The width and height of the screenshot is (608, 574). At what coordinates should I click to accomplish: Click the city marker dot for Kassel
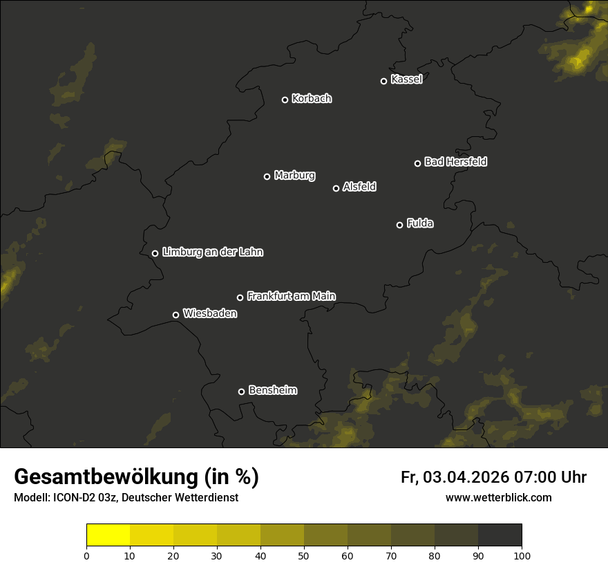pos(383,81)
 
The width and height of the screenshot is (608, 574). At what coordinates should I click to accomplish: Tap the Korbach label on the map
pos(312,99)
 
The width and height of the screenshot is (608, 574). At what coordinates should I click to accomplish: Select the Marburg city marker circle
pos(267,176)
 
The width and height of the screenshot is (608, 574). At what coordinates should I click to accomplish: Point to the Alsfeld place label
pos(359,187)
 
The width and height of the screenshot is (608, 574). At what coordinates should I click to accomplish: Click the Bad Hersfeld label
pos(455,162)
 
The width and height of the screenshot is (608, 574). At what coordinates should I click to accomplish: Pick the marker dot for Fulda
pos(399,225)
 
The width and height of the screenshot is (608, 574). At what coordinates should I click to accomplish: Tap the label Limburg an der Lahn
pos(212,252)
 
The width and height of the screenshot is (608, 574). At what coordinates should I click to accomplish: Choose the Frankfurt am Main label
pos(291,296)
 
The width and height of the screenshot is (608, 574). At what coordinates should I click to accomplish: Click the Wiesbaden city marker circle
pos(175,315)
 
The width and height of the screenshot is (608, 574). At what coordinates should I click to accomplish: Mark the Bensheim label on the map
pos(272,390)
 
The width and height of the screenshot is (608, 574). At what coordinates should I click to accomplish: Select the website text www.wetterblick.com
pos(498,498)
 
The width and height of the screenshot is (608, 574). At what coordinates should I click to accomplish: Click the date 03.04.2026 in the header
pos(466,477)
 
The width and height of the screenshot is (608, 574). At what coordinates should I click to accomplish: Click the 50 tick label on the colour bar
pos(304,555)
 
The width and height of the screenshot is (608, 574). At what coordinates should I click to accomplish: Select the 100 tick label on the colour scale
pos(522,555)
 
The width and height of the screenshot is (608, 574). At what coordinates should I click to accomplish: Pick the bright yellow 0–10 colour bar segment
pos(108,535)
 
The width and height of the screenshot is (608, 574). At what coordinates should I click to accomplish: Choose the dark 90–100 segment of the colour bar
pos(500,535)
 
